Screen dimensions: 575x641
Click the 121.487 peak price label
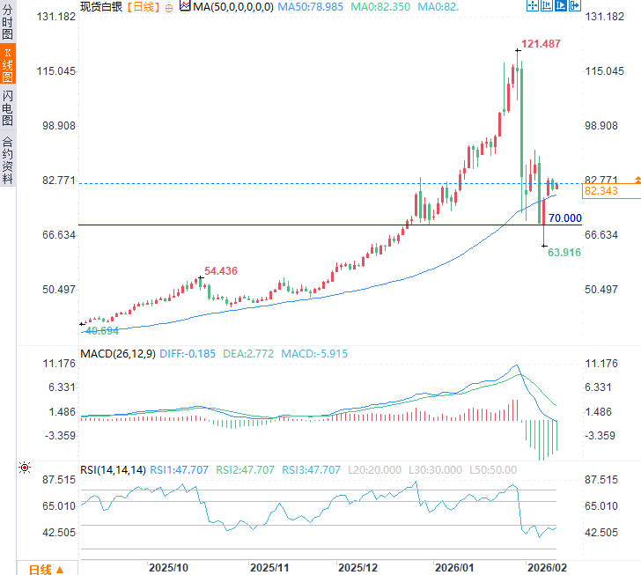coord(541,43)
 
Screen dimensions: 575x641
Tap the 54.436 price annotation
coord(221,270)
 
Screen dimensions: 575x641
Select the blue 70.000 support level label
coord(564,218)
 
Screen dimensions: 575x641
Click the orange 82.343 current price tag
coord(600,191)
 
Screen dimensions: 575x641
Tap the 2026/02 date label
coord(546,568)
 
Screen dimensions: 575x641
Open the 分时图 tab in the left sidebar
coord(7,23)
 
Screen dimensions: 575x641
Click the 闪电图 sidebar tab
coord(7,107)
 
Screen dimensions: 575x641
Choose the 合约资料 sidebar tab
coord(7,158)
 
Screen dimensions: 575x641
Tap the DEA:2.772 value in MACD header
coord(247,354)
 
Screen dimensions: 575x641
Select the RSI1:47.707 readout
coord(179,469)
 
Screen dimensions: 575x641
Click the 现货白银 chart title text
coord(101,6)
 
